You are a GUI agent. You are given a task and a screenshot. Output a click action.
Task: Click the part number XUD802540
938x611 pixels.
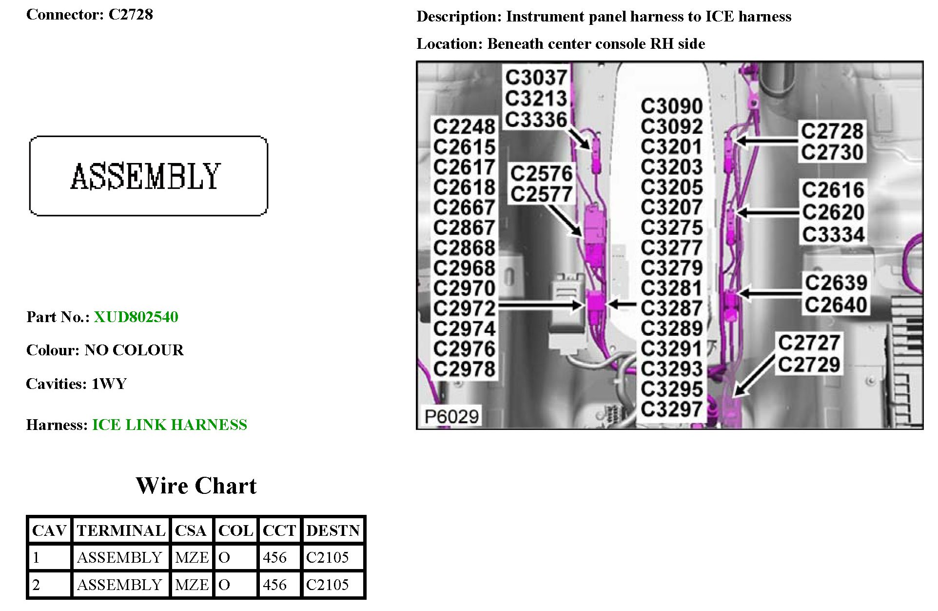(x=136, y=317)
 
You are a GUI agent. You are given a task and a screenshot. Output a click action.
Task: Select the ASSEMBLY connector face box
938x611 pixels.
(x=148, y=176)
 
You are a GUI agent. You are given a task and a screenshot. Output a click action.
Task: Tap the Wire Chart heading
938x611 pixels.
(x=196, y=486)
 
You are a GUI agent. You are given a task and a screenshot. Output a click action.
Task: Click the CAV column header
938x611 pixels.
(x=49, y=530)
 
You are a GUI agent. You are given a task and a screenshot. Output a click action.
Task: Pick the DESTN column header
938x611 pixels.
(x=333, y=530)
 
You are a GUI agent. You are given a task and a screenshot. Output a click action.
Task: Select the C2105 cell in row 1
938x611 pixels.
(x=327, y=557)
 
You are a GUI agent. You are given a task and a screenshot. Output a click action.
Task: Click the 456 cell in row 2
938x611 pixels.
(x=274, y=585)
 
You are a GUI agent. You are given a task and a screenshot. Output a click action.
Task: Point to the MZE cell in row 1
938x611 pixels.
(x=192, y=557)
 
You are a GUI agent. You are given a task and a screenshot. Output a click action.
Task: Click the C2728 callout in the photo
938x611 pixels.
(x=832, y=131)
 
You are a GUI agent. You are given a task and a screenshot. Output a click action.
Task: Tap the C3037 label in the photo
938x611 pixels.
(x=536, y=77)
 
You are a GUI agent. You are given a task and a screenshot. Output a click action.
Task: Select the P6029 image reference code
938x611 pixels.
(x=451, y=416)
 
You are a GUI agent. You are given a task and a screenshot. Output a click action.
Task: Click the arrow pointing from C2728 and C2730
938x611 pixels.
(x=766, y=141)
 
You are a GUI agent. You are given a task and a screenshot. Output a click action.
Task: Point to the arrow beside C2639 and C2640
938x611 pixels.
(x=769, y=293)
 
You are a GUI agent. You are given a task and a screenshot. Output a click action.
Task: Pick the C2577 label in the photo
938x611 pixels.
(x=541, y=194)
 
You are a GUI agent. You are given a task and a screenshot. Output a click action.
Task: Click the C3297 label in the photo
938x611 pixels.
(x=671, y=409)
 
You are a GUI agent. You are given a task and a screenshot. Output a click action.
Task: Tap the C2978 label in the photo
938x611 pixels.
(x=464, y=369)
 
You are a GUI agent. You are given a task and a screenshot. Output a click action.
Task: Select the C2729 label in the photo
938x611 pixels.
(x=809, y=365)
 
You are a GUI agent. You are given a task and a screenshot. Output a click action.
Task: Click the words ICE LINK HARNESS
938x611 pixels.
(x=170, y=425)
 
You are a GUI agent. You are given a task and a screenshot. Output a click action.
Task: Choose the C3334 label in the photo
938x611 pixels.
(x=833, y=235)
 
